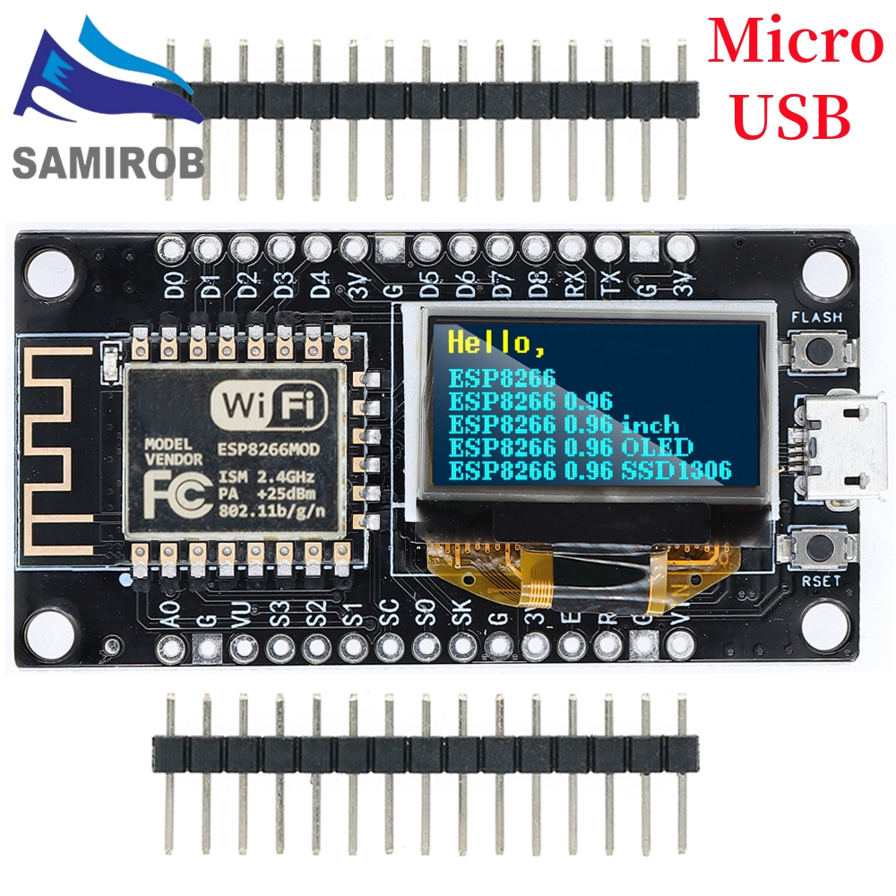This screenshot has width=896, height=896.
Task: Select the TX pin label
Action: click(x=611, y=284)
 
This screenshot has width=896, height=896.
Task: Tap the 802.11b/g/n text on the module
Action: click(x=274, y=512)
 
